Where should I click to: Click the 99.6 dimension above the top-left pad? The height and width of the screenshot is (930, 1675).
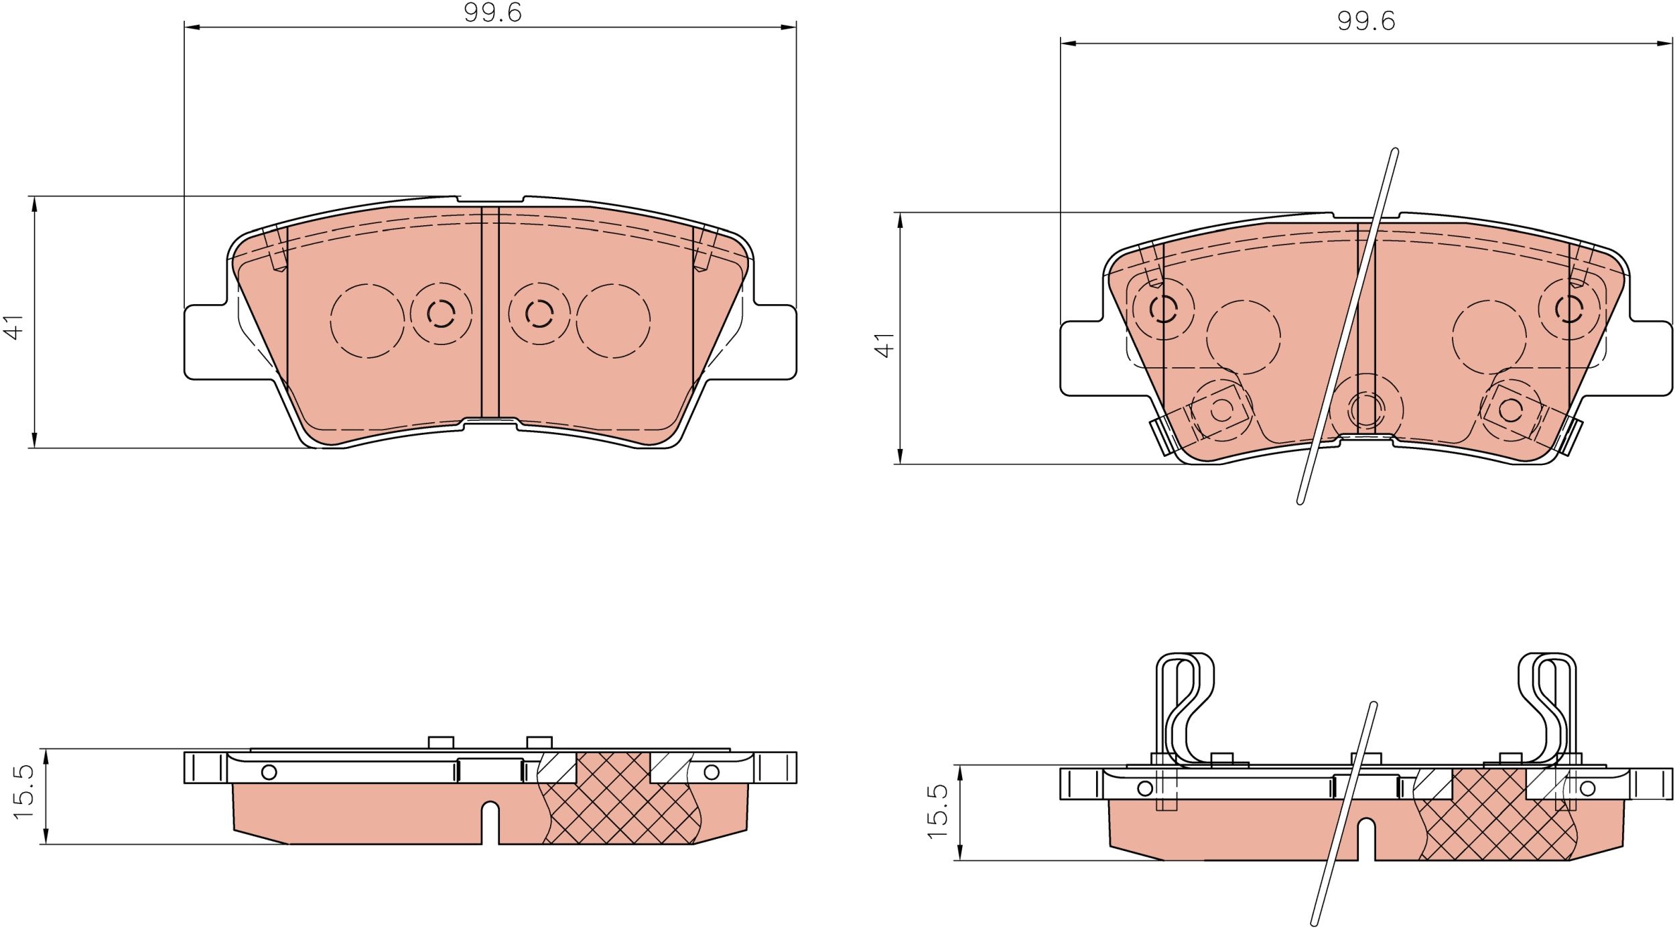492,13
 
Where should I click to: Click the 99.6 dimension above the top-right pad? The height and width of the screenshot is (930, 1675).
1365,22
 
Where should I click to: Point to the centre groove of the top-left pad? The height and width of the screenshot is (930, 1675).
490,312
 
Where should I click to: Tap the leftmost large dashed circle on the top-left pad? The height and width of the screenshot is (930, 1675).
367,320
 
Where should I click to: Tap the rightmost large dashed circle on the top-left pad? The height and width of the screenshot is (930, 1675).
613,320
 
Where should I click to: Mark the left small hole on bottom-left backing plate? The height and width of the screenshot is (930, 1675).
269,773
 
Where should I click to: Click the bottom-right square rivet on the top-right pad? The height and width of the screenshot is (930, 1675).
1510,409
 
